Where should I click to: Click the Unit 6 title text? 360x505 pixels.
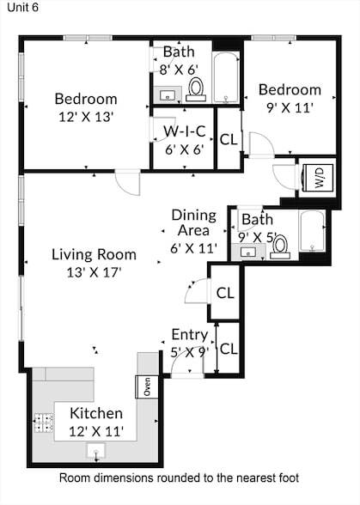pyautogui.click(x=22, y=7)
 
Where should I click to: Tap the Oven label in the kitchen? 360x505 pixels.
pyautogui.click(x=147, y=386)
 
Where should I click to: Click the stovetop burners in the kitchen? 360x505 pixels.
pyautogui.click(x=44, y=423)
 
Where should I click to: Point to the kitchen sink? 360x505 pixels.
pyautogui.click(x=95, y=451)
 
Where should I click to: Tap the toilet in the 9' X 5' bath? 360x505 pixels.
pyautogui.click(x=280, y=247)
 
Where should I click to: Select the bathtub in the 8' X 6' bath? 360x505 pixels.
pyautogui.click(x=226, y=78)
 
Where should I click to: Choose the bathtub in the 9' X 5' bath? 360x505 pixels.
pyautogui.click(x=312, y=231)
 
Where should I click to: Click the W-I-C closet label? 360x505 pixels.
pyautogui.click(x=185, y=131)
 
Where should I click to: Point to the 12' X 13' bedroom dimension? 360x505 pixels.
pyautogui.click(x=86, y=117)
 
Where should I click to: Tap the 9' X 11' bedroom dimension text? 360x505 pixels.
pyautogui.click(x=290, y=108)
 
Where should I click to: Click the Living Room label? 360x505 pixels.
pyautogui.click(x=95, y=254)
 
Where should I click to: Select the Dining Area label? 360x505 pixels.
pyautogui.click(x=193, y=222)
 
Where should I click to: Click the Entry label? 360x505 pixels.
pyautogui.click(x=190, y=335)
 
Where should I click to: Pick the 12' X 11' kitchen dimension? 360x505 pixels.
pyautogui.click(x=96, y=431)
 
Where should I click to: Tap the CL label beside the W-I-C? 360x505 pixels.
pyautogui.click(x=229, y=139)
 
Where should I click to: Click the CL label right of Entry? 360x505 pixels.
pyautogui.click(x=229, y=349)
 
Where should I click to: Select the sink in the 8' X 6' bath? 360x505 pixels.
pyautogui.click(x=168, y=94)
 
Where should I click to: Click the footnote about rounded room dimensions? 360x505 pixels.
pyautogui.click(x=180, y=478)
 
